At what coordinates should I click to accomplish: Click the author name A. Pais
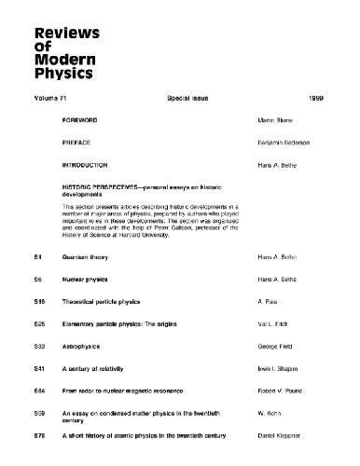tap(264, 305)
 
